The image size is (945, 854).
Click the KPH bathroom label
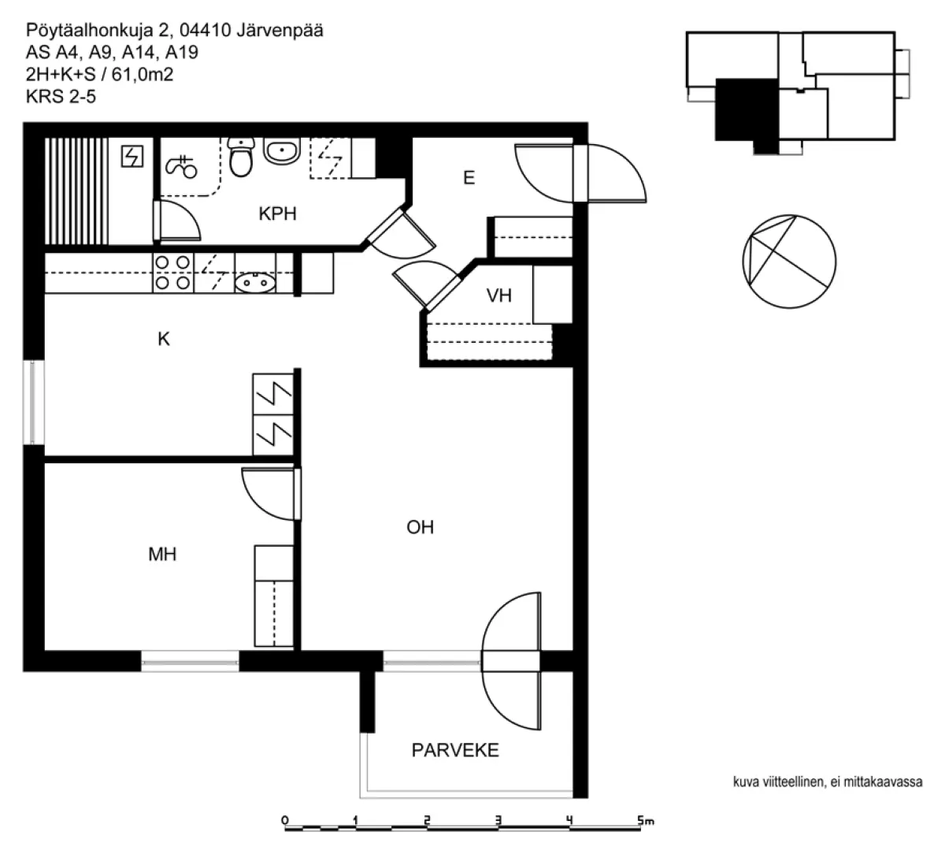[277, 213]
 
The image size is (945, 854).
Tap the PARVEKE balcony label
[455, 750]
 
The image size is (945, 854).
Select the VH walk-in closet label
[498, 295]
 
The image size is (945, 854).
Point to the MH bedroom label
[162, 555]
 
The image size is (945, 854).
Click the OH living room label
[421, 527]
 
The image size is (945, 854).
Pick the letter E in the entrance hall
[469, 178]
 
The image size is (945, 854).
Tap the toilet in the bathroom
[241, 157]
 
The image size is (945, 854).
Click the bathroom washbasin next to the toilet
[282, 150]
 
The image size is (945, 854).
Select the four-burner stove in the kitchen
[173, 273]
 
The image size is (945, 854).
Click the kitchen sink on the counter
[255, 283]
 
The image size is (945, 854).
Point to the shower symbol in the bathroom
[181, 167]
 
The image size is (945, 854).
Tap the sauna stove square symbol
[132, 156]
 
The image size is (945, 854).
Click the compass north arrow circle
[789, 262]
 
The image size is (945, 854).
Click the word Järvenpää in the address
[280, 31]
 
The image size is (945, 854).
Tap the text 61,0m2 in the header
[143, 75]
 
